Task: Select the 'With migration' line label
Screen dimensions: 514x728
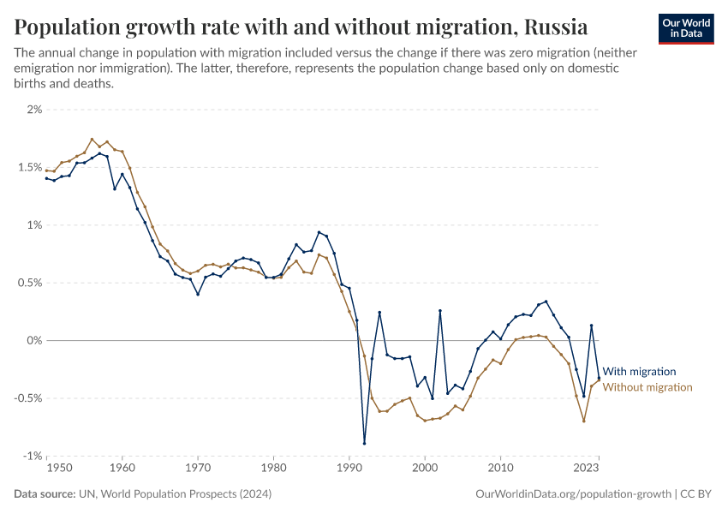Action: click(639, 372)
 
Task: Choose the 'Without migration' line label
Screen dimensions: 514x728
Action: click(647, 387)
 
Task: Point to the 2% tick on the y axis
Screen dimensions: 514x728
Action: click(35, 110)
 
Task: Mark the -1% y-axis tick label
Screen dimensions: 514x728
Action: click(32, 456)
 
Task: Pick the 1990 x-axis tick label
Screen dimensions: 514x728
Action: click(349, 469)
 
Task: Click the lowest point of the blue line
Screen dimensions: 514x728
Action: click(364, 443)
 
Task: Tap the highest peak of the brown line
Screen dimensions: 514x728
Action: click(92, 139)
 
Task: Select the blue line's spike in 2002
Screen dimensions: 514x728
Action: click(440, 311)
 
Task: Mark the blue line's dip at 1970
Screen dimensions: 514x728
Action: click(198, 294)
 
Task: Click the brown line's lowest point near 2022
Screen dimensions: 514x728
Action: click(583, 421)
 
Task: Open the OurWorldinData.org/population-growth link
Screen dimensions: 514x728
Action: click(572, 494)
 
